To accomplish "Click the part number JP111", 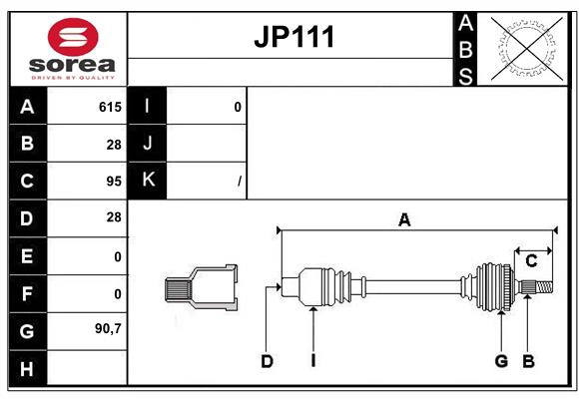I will coord(292,38).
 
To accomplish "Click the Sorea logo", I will coord(74,49).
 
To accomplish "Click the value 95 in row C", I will coord(113,182).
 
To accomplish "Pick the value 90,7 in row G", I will coord(108,328).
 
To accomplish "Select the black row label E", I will coord(27,255).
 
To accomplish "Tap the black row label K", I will coord(148,181).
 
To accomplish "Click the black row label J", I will coord(148,144).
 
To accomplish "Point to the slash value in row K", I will coord(239,182).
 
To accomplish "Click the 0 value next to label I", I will coord(237,107).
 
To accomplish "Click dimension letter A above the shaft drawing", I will coord(404,220).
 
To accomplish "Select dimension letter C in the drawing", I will coord(531,261).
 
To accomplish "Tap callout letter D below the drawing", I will coord(267,361).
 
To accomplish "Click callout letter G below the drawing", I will coord(501,361).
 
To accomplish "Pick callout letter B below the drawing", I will coord(529,361).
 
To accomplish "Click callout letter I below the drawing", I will coord(312,361).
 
